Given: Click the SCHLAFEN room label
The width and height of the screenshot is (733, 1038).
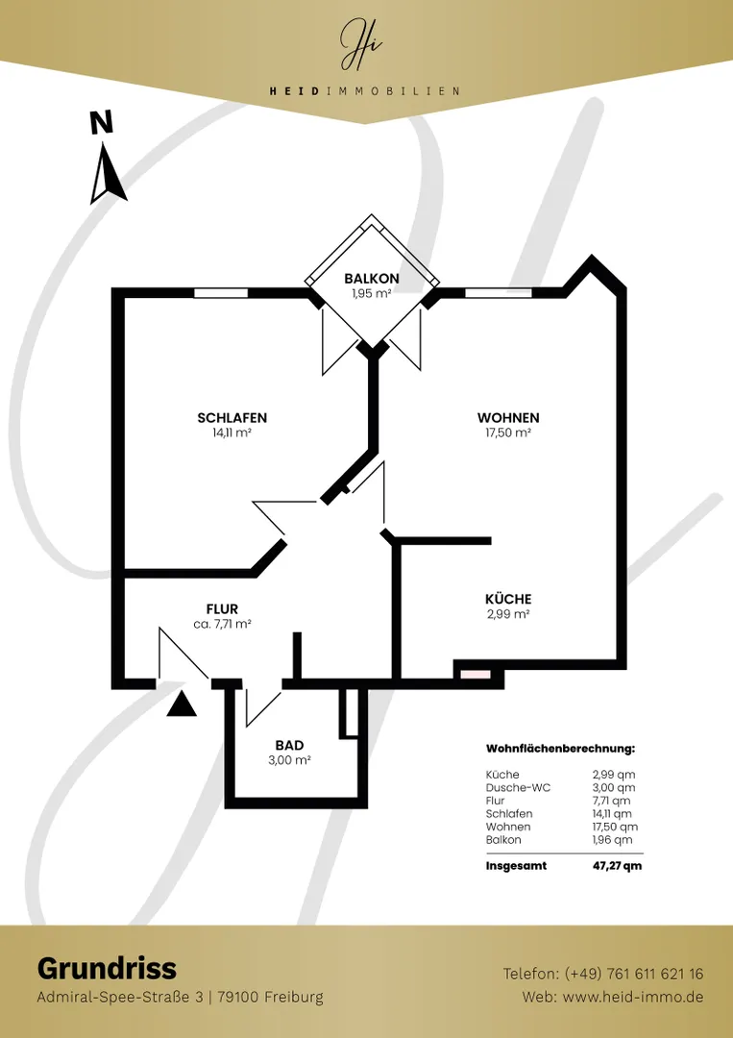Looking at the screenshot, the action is point(232,418).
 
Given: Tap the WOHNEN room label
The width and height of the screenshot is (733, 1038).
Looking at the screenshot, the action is point(508,418).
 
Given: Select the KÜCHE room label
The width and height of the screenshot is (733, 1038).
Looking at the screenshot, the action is point(508,599).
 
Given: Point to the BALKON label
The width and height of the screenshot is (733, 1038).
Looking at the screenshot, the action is point(372,279).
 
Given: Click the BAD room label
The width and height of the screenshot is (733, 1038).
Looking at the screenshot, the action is point(290,746).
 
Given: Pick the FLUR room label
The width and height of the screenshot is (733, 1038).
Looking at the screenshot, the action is point(222,609).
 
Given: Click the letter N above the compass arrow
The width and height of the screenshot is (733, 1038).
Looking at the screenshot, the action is point(101,124).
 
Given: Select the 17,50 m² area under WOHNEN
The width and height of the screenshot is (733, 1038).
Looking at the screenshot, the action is point(508,432).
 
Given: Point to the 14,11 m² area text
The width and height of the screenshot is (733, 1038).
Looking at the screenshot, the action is point(232,432).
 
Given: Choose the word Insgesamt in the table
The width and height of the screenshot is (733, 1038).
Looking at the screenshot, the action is point(516,866).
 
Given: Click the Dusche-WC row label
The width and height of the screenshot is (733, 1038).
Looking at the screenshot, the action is point(518,788).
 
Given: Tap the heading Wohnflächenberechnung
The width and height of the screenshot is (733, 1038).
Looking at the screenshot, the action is point(560,749).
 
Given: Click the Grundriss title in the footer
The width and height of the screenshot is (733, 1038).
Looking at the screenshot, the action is point(108,969).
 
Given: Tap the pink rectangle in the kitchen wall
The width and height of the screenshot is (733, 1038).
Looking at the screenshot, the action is point(476,675).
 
